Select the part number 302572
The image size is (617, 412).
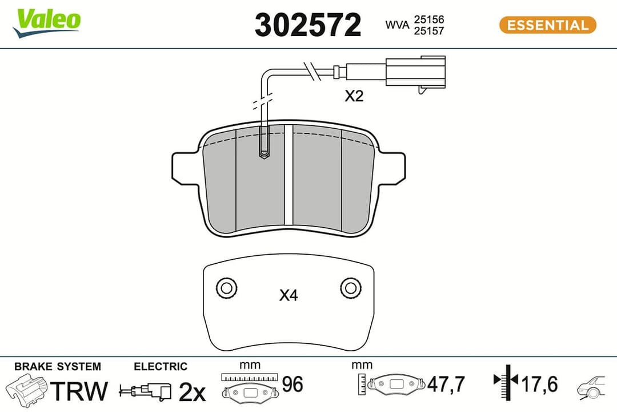coord(308,25)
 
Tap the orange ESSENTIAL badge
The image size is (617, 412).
coord(547,25)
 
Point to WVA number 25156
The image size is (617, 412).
coord(429,19)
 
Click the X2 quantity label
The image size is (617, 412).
coord(354,97)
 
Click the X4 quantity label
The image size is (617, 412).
coord(289,295)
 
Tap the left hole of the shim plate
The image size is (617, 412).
coord(226,288)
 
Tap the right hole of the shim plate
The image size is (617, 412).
coord(351,288)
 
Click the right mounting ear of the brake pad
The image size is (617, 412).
coord(392,168)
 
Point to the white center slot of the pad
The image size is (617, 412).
coord(289,175)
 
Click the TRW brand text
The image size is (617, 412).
coord(79,391)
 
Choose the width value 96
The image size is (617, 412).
coord(293,385)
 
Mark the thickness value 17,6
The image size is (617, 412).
coord(539,383)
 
